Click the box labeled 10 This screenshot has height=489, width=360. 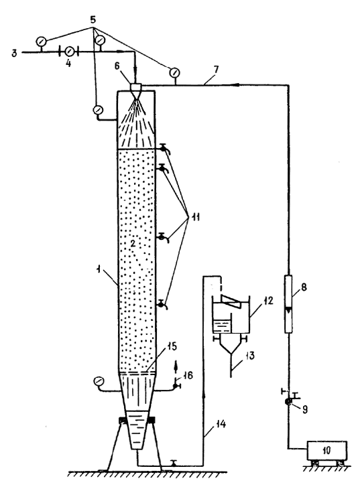coord(327,450)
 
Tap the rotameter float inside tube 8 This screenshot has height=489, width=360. coord(288,310)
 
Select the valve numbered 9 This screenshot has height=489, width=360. coord(288,401)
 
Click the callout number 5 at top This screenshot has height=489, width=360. coord(93,20)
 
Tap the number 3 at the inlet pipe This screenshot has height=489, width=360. coord(14,54)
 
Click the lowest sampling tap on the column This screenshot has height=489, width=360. coord(162,304)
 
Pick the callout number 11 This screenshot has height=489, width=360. coord(194,217)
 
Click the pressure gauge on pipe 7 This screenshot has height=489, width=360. coord(174,72)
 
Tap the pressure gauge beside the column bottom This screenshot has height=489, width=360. coord(99,381)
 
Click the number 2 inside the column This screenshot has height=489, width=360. coord(133,244)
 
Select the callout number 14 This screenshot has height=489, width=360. coord(221,424)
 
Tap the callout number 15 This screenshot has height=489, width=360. coord(172,346)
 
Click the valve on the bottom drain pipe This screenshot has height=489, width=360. coord(173,462)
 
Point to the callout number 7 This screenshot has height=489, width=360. coord(216,70)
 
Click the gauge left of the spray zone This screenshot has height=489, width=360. coord(98,110)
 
